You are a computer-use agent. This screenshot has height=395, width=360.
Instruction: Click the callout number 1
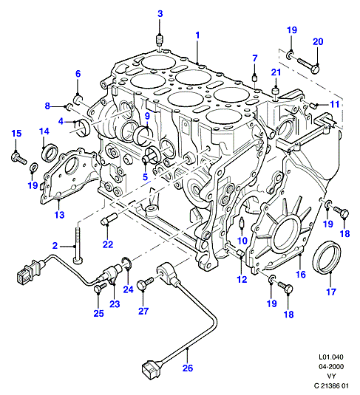197,35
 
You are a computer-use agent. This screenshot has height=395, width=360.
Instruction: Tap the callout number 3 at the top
160,14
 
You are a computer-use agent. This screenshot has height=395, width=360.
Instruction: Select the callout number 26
188,368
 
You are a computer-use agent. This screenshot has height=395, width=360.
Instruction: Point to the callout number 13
60,215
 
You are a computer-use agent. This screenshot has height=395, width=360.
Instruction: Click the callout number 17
330,292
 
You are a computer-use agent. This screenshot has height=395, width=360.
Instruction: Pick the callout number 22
108,244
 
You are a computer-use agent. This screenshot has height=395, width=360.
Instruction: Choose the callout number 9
147,116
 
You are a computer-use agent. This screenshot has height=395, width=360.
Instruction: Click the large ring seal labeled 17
327,257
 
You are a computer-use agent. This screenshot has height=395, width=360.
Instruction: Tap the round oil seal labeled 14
50,152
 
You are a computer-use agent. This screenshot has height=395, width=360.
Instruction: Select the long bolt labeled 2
78,245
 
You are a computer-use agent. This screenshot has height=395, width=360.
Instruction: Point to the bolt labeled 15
18,158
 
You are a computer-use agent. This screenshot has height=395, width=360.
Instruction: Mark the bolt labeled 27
145,284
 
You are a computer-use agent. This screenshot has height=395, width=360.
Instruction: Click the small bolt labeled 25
100,287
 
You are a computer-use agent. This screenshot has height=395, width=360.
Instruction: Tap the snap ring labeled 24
126,263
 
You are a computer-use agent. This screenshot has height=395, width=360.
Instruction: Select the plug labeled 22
109,219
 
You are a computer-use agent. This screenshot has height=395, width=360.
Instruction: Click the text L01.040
331,357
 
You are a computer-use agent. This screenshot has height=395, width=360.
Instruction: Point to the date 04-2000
331,366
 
